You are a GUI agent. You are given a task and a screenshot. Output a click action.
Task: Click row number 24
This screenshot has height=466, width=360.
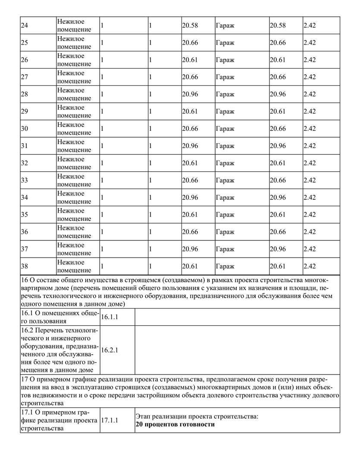point(25,25)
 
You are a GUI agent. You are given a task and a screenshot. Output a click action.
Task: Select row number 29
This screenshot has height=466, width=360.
point(25,112)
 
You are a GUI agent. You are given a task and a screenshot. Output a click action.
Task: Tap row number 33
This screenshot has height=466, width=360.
point(25,180)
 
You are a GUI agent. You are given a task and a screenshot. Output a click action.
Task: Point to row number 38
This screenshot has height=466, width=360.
point(25,266)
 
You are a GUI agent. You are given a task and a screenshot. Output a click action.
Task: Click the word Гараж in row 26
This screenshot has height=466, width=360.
point(225,60)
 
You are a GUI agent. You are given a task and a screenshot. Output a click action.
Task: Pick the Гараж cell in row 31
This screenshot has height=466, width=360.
point(225,146)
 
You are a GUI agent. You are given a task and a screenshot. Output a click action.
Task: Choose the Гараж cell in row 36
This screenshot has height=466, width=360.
point(225,232)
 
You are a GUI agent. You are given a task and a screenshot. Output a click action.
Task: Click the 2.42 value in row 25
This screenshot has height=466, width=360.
point(310,43)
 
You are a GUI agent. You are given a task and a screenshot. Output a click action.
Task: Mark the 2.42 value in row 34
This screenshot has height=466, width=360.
point(310,198)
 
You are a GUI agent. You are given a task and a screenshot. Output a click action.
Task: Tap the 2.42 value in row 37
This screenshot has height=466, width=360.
point(310,249)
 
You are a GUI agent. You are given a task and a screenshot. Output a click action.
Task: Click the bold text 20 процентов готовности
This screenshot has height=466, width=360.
point(175,425)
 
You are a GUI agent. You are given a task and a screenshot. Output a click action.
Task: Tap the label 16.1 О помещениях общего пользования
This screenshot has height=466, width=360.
point(60,317)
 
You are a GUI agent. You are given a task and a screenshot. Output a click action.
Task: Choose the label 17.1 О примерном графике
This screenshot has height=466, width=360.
point(60,420)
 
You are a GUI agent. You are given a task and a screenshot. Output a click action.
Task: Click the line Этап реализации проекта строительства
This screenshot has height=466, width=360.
point(197,416)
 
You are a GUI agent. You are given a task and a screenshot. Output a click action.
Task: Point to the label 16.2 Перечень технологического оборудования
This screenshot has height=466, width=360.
point(60,350)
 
